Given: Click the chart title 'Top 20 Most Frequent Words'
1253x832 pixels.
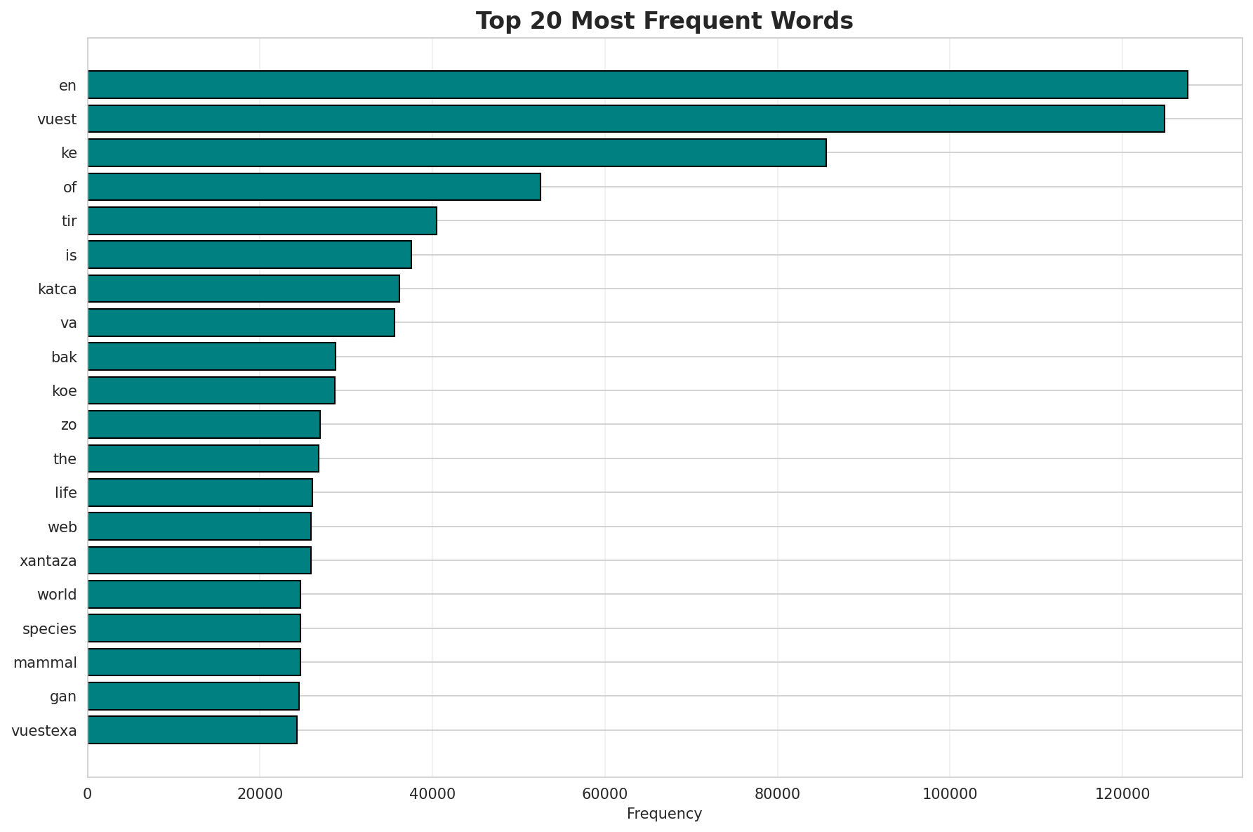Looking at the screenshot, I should [x=664, y=21].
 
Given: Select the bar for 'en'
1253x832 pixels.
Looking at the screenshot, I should [x=637, y=85].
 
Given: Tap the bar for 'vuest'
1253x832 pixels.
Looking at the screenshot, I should [x=625, y=119].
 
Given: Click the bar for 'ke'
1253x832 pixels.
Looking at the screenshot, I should [x=456, y=153].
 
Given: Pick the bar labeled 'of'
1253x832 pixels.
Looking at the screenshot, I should [x=314, y=187].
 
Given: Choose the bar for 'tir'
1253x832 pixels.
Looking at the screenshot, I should [x=262, y=220].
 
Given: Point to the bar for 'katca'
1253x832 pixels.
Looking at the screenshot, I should [x=244, y=289].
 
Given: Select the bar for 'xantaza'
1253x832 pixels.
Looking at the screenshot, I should [x=199, y=560].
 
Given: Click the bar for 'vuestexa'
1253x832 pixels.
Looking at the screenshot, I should [x=192, y=730].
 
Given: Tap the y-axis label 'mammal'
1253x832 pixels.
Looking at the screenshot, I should [x=45, y=662].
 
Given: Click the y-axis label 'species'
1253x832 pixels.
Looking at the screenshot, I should [x=49, y=628].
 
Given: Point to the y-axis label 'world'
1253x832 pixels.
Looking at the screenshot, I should [x=57, y=595].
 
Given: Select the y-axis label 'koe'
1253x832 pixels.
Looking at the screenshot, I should [x=64, y=390].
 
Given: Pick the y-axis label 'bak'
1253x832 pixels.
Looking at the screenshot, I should [x=64, y=357].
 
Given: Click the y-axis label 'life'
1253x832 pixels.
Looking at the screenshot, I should [x=65, y=493].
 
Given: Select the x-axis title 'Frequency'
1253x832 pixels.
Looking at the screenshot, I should [x=664, y=814].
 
